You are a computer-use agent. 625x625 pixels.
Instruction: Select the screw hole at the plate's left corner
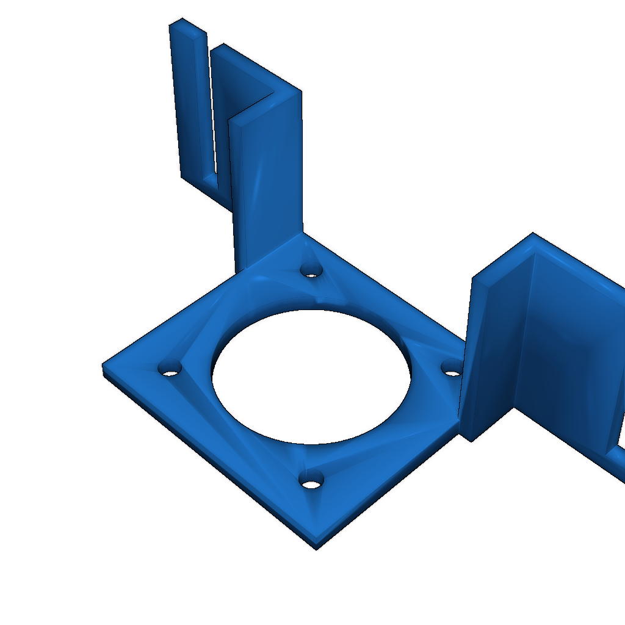[170, 369]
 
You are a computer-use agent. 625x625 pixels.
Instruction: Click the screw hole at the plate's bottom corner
[312, 482]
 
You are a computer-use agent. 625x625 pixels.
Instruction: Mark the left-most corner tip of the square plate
[103, 366]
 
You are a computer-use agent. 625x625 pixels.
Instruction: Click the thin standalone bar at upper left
[192, 104]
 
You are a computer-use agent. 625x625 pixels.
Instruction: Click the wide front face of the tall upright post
[269, 183]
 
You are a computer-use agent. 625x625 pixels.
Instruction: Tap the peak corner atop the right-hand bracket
[533, 234]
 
